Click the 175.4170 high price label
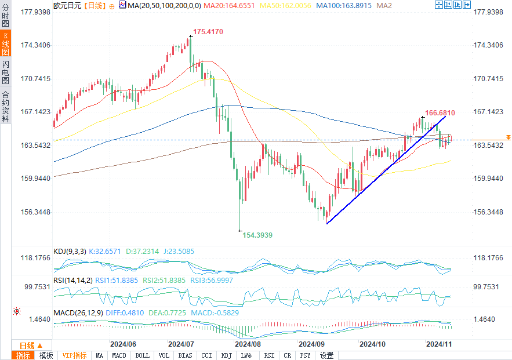coord(208,31)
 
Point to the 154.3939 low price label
coord(256,235)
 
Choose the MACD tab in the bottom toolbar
coord(119,355)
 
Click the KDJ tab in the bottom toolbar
coord(227,355)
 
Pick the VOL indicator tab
coord(164,355)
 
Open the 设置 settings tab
coord(326,355)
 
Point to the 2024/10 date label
coord(373,343)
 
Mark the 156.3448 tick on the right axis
coord(488,212)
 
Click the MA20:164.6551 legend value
coord(223,5)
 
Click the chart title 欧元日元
coord(67,5)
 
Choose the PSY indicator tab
coord(305,355)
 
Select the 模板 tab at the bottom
coord(46,355)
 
